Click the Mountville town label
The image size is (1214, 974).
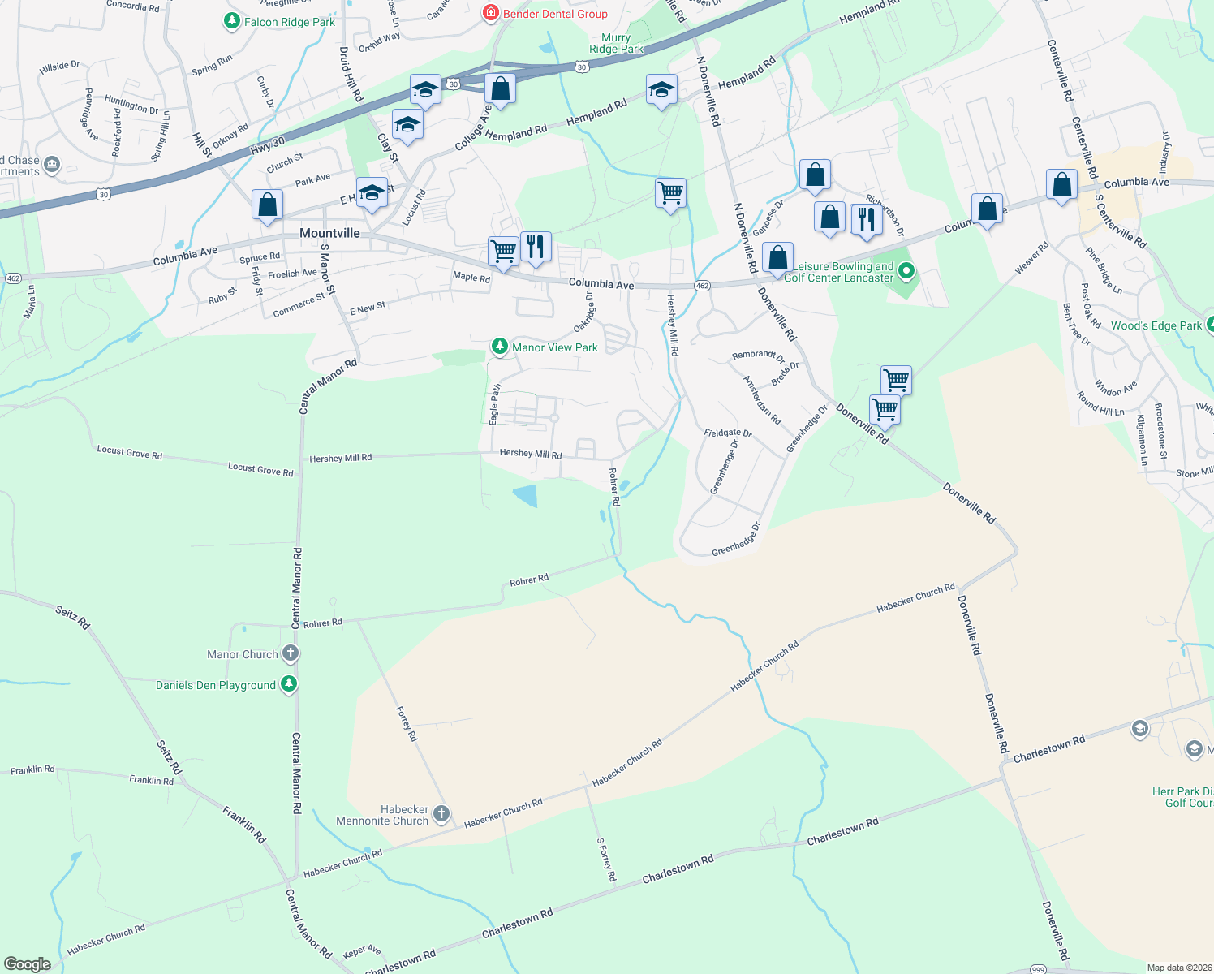coord(329,233)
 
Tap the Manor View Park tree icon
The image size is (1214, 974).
coord(500,347)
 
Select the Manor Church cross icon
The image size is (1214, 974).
coord(291,653)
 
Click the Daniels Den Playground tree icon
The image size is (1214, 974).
coord(288,684)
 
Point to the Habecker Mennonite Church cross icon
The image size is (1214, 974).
coord(441,814)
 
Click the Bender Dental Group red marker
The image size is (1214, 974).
coord(490,13)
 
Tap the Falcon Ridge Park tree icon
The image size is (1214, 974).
coord(232,21)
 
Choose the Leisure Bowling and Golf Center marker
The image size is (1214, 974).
coord(906,272)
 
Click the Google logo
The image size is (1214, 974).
coord(28,963)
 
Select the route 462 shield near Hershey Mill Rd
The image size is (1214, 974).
coord(703,285)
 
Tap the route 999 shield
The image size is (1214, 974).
coord(1038,969)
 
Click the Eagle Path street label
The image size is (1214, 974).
coord(495,404)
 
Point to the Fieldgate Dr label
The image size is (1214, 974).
coord(728,433)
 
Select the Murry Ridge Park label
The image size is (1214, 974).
coord(616,43)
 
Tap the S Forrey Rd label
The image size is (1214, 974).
coord(606,860)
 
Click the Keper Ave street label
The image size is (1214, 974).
coord(362,951)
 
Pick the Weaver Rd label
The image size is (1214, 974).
coord(1031,257)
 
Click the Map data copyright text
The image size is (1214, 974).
coord(1177,968)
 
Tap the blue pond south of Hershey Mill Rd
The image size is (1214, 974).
coord(526,494)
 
